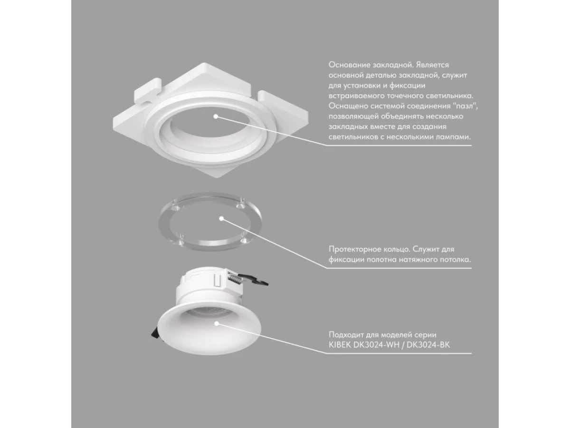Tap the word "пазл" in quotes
463,106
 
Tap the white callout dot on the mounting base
216,117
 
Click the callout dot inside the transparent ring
221,219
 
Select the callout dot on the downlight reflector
216,323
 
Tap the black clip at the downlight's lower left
154,334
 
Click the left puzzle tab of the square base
147,92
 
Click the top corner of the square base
204,63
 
